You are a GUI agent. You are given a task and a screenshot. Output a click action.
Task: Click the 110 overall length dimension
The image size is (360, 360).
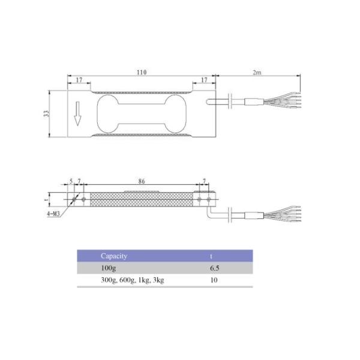pos(140,72)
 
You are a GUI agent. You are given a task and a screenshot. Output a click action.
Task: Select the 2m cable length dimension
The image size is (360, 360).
pos(256,72)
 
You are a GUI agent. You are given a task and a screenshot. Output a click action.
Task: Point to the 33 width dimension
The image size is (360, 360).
pos(47,114)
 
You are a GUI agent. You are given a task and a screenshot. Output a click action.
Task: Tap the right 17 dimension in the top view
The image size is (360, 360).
pos(203,80)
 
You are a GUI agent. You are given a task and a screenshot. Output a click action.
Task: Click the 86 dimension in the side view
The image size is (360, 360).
pos(142,180)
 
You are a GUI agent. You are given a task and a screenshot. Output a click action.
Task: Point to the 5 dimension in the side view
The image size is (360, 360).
pos(71,181)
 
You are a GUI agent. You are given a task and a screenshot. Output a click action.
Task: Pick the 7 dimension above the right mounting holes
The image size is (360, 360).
pos(204,181)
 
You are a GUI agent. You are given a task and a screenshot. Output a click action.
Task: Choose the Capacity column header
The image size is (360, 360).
pos(114,256)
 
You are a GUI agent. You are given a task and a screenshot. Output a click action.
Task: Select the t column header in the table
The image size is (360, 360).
pos(210,256)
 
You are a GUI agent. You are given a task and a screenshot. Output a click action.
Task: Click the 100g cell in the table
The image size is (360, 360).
pos(108,268)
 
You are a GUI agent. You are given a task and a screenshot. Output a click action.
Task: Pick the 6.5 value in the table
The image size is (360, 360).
pos(214,268)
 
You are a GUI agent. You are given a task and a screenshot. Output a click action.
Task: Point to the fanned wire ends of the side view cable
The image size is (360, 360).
pos(288,214)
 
